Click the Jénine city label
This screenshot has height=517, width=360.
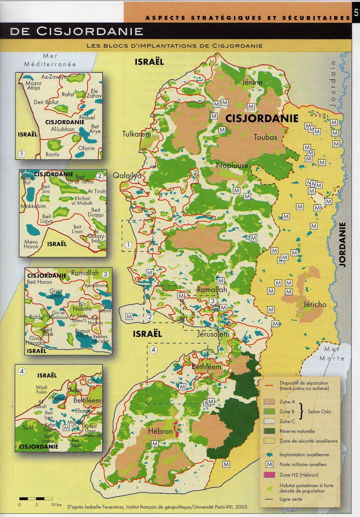pyautogui.click(x=252, y=82)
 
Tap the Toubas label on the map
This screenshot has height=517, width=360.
pyautogui.click(x=265, y=137)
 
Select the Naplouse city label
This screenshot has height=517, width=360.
pyautogui.click(x=232, y=166)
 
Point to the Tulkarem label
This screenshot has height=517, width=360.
pyautogui.click(x=136, y=134)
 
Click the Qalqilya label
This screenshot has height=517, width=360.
pyautogui.click(x=127, y=175)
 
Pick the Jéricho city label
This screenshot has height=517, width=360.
pyautogui.click(x=315, y=304)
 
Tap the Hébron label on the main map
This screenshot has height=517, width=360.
pyautogui.click(x=160, y=431)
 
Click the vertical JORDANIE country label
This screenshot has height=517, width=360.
pyautogui.click(x=343, y=245)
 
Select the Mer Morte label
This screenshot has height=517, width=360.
pyautogui.click(x=332, y=353)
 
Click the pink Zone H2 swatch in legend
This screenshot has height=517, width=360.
pyautogui.click(x=269, y=475)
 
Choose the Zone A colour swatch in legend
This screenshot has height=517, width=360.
pyautogui.click(x=269, y=402)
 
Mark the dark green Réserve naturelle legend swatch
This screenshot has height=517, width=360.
pyautogui.click(x=269, y=431)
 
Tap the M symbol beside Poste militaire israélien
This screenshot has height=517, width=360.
pyautogui.click(x=269, y=464)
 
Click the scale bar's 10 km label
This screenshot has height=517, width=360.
pyautogui.click(x=56, y=505)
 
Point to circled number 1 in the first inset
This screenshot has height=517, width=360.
pyautogui.click(x=22, y=154)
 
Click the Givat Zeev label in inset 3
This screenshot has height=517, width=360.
pyautogui.click(x=56, y=293)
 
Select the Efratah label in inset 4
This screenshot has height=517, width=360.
pyautogui.click(x=83, y=411)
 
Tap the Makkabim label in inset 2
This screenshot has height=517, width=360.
pyautogui.click(x=33, y=206)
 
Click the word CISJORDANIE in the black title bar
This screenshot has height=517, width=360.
pyautogui.click(x=90, y=31)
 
